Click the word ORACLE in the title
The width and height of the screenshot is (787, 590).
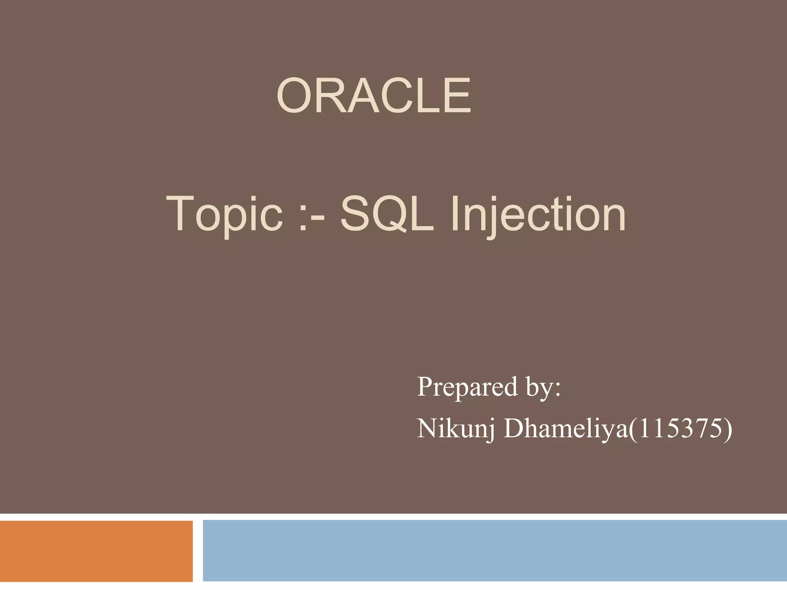[x=374, y=96]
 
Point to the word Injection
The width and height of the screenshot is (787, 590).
[x=538, y=214]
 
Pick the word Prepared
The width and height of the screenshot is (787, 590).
[x=467, y=387]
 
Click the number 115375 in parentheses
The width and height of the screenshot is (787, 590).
[x=678, y=429]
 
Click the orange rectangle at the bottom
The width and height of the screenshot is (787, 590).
[x=96, y=551]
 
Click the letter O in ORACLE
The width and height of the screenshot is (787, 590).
[x=294, y=96]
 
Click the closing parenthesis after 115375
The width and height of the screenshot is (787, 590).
[x=727, y=429]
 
